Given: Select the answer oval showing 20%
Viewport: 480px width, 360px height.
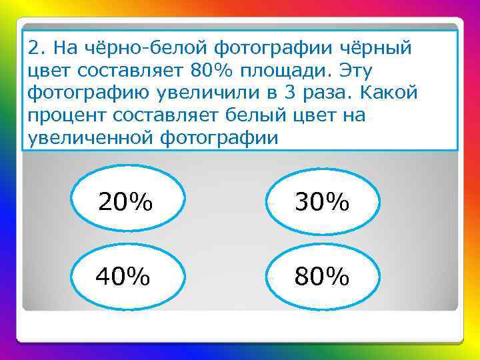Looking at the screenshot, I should point(125,202).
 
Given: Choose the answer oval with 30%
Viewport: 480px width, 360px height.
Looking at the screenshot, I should point(323,202).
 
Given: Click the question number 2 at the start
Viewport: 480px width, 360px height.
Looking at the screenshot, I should point(36,48).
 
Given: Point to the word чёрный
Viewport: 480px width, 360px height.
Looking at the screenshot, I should point(377,48).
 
